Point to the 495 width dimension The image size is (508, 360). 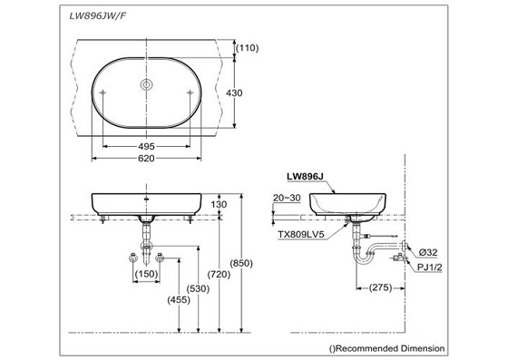(145, 145)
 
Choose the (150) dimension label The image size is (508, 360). (146, 274)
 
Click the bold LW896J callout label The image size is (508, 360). (306, 179)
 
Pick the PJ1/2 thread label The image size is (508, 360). (431, 266)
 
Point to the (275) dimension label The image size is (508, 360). (378, 287)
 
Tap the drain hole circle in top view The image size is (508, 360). (145, 85)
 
